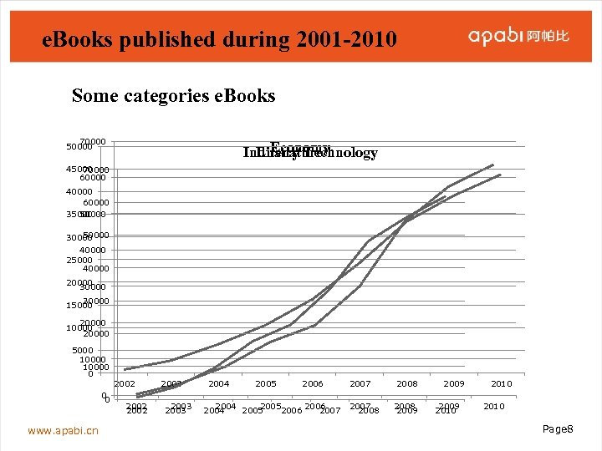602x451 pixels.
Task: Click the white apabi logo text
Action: tap(495, 36)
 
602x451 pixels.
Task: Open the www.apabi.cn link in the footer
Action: tap(63, 430)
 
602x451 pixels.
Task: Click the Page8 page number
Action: tap(558, 428)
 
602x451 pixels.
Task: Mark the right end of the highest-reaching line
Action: tap(494, 165)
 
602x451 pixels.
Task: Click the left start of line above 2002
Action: tap(125, 369)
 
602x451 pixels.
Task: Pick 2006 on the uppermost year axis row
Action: tap(313, 383)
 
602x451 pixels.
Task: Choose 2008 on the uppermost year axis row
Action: tap(407, 383)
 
